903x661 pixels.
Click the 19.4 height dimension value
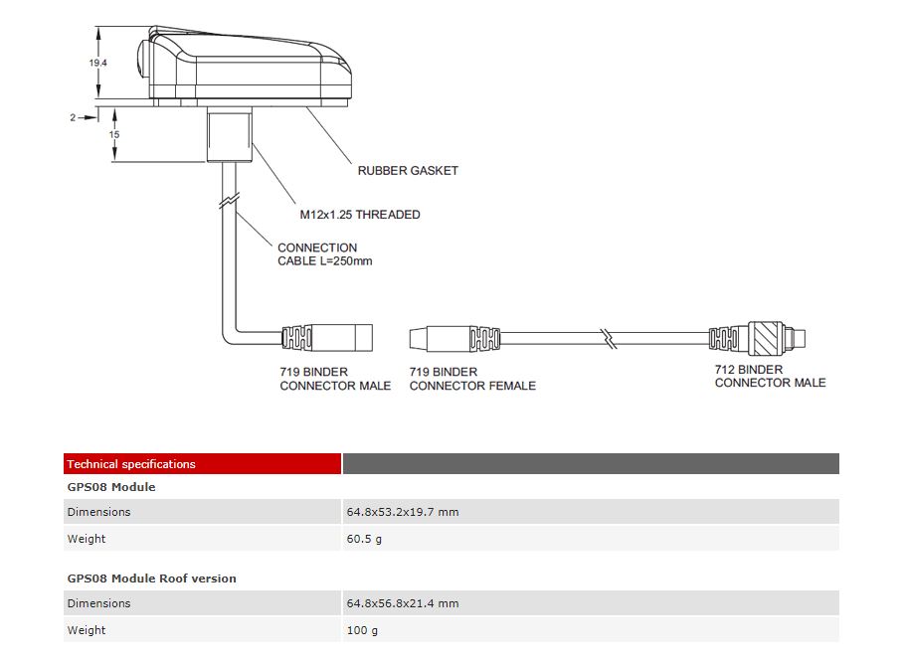point(97,63)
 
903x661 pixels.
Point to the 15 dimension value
point(114,134)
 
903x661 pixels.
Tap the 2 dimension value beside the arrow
point(73,117)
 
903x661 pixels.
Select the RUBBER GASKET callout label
point(408,171)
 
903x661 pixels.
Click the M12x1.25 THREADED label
point(360,215)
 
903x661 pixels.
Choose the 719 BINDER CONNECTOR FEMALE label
point(472,379)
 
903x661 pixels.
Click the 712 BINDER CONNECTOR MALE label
point(770,376)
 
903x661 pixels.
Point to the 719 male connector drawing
point(328,337)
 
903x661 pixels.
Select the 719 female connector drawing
point(453,337)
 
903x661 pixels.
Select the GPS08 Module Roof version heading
point(152,578)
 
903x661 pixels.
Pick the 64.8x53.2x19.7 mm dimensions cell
point(402,512)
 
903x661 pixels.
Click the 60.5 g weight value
point(364,539)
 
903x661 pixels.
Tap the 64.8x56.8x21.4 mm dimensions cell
point(402,603)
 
